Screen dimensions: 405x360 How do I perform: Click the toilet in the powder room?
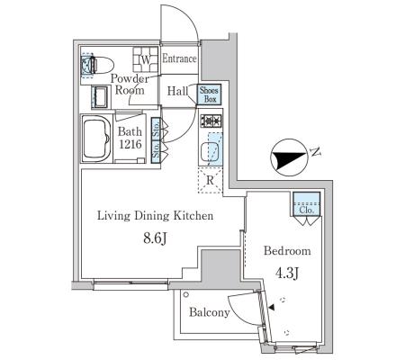click(98, 65)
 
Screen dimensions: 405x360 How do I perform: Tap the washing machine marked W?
click(146, 59)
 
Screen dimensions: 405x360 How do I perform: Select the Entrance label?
click(179, 58)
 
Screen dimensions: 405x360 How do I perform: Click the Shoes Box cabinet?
click(209, 94)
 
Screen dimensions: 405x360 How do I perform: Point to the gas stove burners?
click(211, 121)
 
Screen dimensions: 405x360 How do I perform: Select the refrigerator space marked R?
click(210, 180)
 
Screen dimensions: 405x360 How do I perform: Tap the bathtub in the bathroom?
click(96, 139)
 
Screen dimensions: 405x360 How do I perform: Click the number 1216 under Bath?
click(130, 144)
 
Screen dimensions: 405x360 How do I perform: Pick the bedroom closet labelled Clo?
click(306, 204)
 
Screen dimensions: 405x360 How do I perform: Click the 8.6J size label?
click(155, 238)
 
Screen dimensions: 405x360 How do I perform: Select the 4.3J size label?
click(287, 273)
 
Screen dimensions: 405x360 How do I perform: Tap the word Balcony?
click(210, 312)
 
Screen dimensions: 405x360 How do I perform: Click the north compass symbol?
click(288, 157)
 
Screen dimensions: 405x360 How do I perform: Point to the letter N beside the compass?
click(315, 152)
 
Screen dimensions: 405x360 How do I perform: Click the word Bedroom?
click(287, 251)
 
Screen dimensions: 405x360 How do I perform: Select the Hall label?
click(177, 91)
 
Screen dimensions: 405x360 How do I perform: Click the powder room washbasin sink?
click(100, 96)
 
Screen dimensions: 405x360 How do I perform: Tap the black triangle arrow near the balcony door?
click(272, 308)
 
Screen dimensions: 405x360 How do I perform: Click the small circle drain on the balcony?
click(186, 294)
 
